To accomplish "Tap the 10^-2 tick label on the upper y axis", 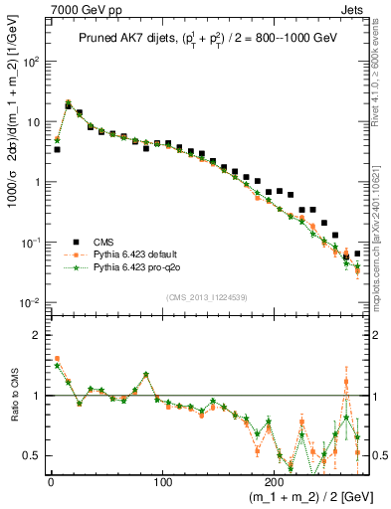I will pos(28,303).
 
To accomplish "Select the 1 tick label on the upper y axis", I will pos(35,182).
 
